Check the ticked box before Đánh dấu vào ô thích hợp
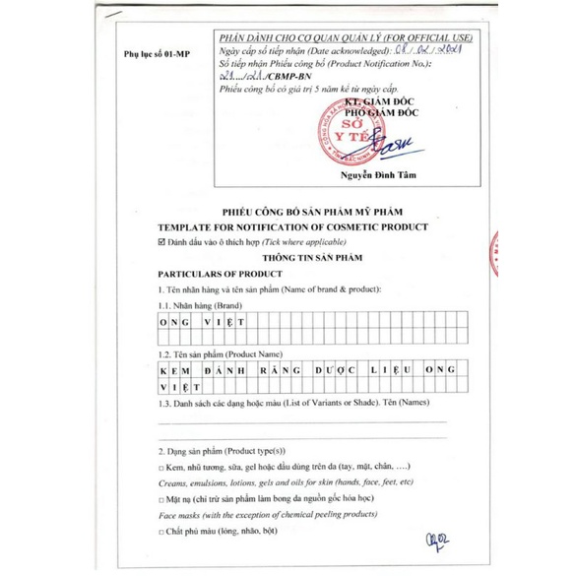click(162, 240)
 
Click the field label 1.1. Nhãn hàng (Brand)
click(201, 306)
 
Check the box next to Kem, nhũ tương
click(162, 467)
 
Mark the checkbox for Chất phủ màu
click(162, 533)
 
